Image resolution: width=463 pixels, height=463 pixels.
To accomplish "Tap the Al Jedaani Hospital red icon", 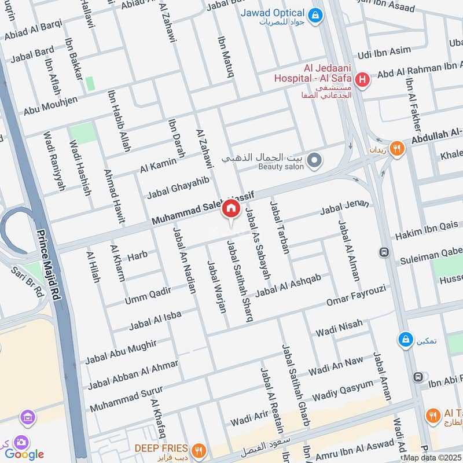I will pos(363,80).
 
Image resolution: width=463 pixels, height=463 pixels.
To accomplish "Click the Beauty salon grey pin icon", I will pos(314,160).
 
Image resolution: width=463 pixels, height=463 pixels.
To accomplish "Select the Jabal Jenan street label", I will pos(344,209).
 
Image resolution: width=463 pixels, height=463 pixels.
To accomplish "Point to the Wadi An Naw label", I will pos(336,365).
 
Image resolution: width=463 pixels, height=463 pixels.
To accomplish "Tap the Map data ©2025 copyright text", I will pos(432,457).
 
